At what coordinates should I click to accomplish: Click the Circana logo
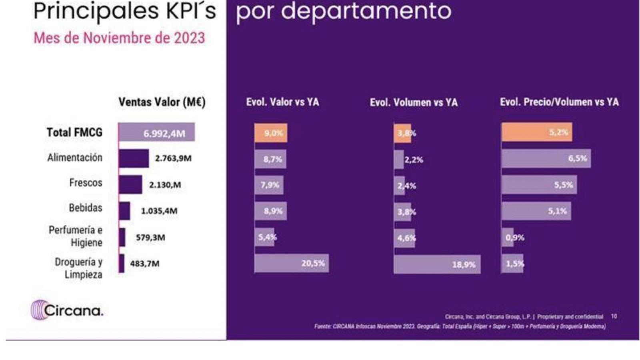67,310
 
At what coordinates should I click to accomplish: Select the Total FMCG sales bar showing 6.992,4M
156,132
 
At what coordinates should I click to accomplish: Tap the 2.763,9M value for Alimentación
173,158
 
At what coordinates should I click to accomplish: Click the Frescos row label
86,183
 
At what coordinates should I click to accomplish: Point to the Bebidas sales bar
124,211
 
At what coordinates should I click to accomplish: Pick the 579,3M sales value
150,238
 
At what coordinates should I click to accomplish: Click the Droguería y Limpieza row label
79,268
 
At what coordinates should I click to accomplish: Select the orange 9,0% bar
271,133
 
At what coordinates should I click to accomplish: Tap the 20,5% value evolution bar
292,263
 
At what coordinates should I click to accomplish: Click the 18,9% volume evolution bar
437,264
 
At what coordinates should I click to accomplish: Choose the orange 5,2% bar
536,132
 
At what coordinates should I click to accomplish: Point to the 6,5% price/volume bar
546,158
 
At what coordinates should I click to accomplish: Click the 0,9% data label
515,238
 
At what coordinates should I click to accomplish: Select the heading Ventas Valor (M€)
162,102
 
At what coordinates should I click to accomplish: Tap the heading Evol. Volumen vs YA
414,102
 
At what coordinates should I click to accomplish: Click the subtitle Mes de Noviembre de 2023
119,38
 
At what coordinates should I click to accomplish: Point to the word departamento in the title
366,11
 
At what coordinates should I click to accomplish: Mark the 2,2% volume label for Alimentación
414,160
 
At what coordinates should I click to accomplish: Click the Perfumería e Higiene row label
76,236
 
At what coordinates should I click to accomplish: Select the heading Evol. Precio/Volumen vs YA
559,102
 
